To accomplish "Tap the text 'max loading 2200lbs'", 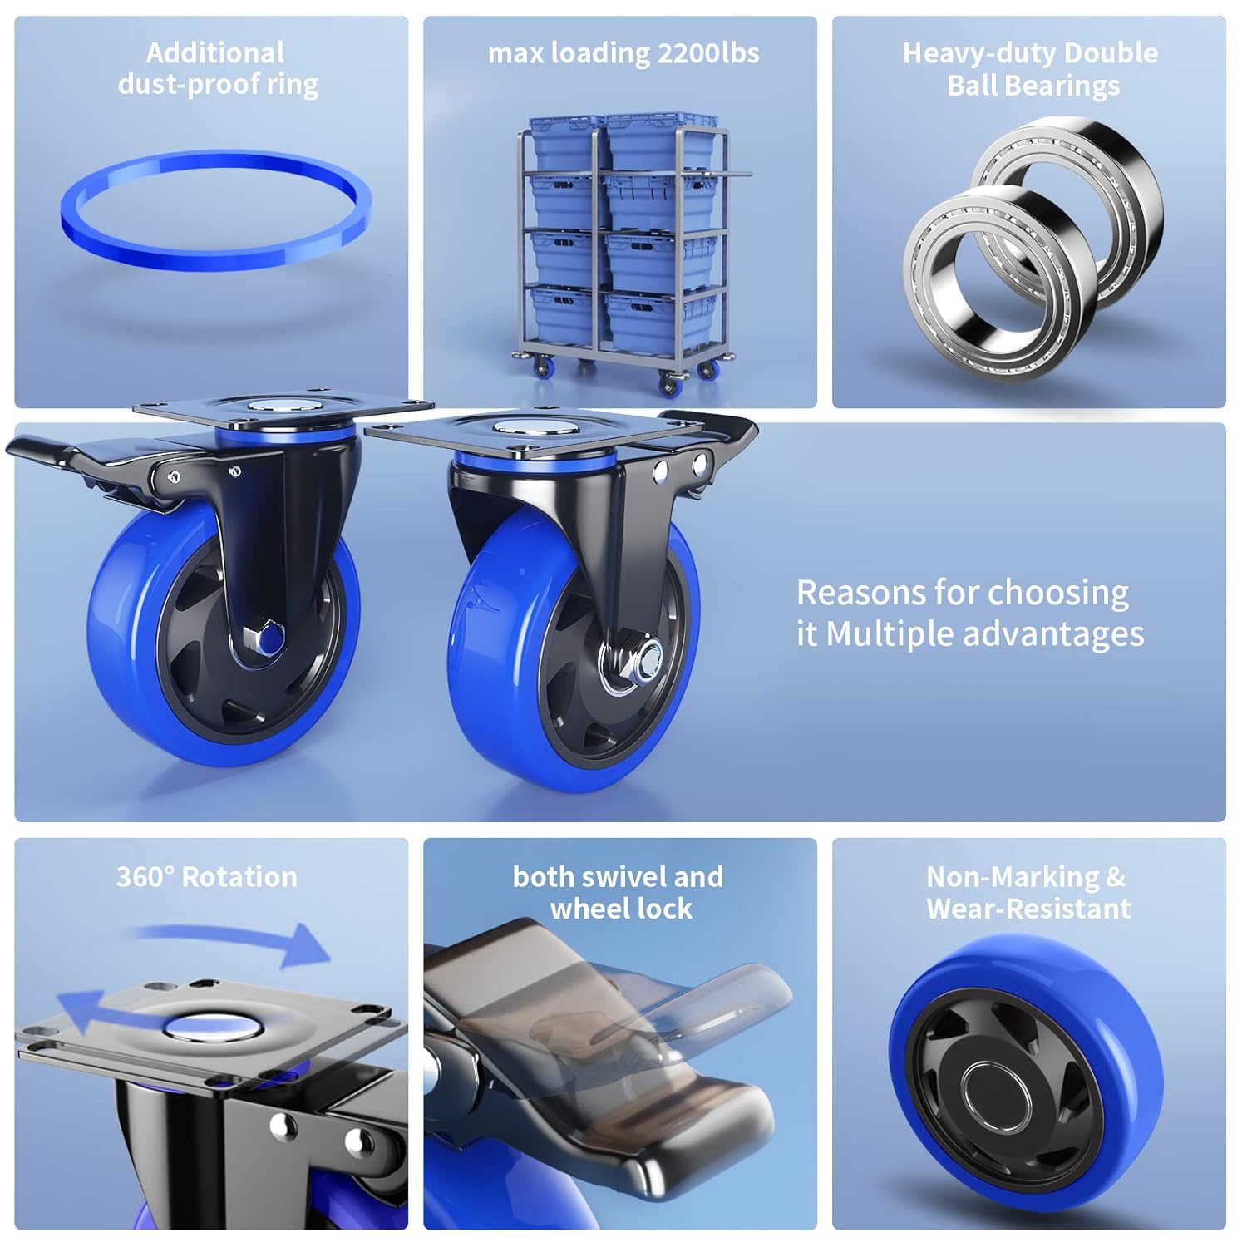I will (x=623, y=53).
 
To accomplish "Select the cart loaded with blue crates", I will (x=623, y=249).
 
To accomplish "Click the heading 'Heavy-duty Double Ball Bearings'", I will (x=1031, y=69).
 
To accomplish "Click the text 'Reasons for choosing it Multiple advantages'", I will (x=969, y=614).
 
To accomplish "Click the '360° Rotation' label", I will (x=206, y=877).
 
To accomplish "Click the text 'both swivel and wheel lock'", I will (x=619, y=893).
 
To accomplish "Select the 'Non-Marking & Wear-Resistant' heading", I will (x=1028, y=893).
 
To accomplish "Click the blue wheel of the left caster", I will (x=125, y=665).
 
